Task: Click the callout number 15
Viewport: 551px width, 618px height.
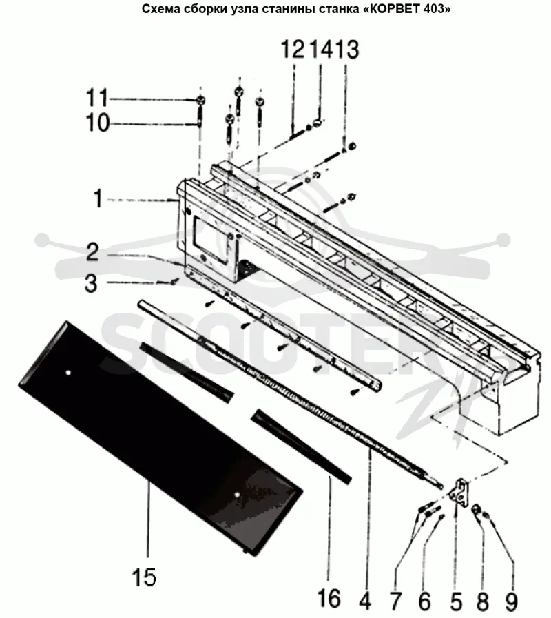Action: coord(144,577)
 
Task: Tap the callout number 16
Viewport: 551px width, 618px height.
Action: coord(329,598)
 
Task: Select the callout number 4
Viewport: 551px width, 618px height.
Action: coord(365,601)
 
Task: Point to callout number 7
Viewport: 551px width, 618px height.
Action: coord(395,601)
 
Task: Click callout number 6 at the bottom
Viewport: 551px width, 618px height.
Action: coord(424,601)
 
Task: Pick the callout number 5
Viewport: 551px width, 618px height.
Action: coord(456,601)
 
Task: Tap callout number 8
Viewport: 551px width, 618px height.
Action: coord(483,601)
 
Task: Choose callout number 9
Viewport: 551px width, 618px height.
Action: coord(511,601)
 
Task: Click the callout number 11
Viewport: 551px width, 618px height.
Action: coord(97,98)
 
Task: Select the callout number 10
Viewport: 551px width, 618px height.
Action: coord(97,123)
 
